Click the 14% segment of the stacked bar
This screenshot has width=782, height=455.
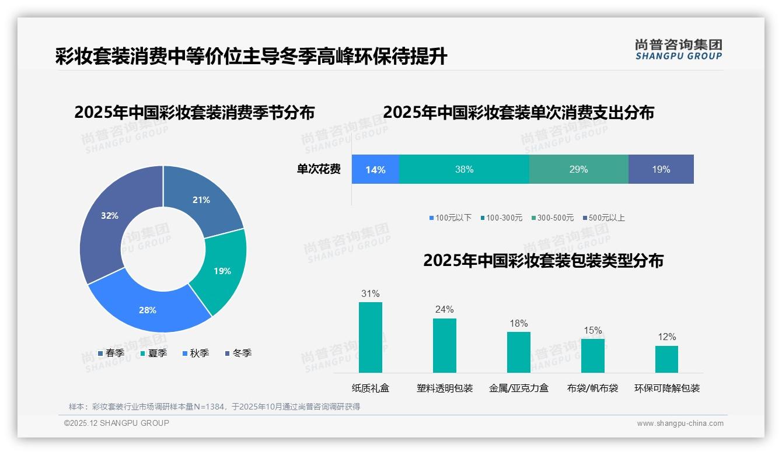[x=375, y=170]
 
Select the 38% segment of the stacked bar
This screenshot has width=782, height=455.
[x=464, y=170]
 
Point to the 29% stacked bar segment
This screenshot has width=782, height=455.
[x=578, y=170]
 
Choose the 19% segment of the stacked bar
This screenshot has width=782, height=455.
[x=661, y=170]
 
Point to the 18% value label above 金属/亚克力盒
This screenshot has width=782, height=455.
[x=518, y=323]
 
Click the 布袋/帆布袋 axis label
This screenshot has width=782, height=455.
[x=592, y=388]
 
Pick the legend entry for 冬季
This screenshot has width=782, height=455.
[x=238, y=353]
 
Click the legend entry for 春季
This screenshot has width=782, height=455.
[x=111, y=353]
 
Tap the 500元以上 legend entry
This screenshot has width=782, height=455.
[x=603, y=218]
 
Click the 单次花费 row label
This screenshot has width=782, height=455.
[x=319, y=170]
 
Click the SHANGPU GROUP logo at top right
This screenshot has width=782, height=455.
[x=678, y=50]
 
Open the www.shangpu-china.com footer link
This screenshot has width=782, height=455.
[x=680, y=423]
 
